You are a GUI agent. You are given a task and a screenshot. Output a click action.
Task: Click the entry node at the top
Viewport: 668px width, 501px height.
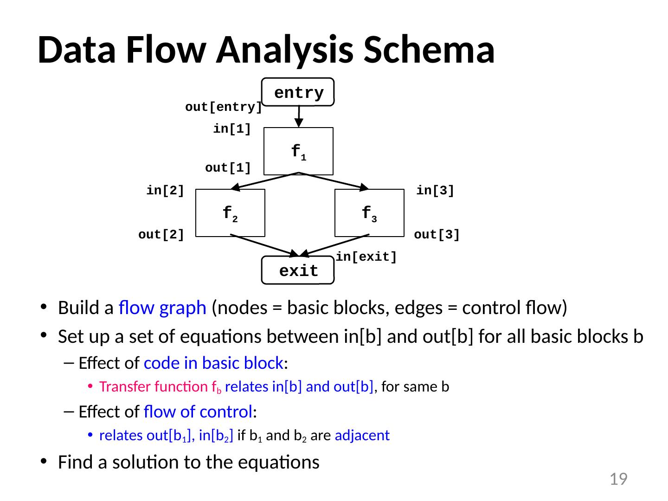pos(298,92)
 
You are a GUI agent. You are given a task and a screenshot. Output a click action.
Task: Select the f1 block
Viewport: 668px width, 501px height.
pos(298,151)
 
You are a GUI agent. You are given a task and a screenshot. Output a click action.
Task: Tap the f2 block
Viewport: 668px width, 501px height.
pos(230,213)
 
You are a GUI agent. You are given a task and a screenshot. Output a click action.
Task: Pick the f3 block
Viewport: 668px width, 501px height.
pos(369,213)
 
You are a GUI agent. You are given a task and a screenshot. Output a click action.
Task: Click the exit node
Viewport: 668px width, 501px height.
pos(298,270)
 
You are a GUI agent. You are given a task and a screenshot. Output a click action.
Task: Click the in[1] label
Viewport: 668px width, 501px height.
pos(232,129)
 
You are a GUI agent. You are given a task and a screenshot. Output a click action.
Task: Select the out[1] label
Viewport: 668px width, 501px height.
pos(228,168)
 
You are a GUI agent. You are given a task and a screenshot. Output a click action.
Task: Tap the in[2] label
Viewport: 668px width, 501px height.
pos(165,191)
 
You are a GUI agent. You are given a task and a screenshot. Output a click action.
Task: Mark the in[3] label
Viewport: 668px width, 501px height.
pos(435,191)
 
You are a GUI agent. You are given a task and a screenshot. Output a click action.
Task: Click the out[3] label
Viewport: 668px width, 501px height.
pos(437,235)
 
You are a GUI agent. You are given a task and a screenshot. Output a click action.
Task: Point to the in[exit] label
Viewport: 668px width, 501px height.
pos(366,257)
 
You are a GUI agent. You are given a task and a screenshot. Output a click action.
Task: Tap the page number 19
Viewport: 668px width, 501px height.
pos(618,479)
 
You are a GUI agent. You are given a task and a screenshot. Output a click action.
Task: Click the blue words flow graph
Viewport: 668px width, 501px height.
pos(162,308)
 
